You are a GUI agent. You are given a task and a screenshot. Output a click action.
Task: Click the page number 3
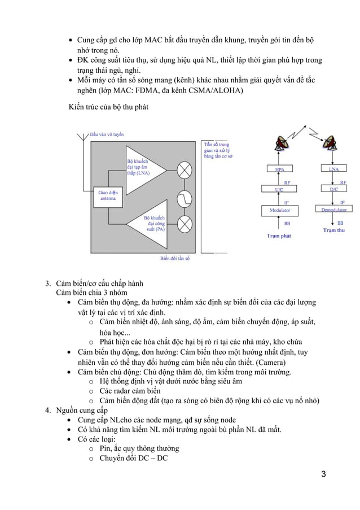[x=323, y=473]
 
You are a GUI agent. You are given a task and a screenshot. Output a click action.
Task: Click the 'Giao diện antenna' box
[x=108, y=195]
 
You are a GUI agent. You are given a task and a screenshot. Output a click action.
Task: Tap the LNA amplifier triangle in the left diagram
[x=144, y=169]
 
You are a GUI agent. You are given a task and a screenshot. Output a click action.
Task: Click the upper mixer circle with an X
[x=185, y=169]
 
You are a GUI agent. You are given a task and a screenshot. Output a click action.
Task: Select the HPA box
[x=279, y=169]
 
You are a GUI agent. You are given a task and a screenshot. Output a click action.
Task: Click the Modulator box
[x=279, y=210]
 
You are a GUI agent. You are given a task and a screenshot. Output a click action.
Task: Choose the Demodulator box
[x=333, y=210]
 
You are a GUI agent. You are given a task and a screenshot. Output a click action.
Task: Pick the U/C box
[x=279, y=190]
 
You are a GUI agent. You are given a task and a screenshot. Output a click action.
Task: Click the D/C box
[x=333, y=190]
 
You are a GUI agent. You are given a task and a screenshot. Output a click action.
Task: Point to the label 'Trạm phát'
[x=279, y=236]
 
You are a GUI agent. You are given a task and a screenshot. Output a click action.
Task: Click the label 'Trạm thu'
[x=334, y=230]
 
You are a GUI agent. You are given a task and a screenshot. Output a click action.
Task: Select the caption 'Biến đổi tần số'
[x=174, y=258]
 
